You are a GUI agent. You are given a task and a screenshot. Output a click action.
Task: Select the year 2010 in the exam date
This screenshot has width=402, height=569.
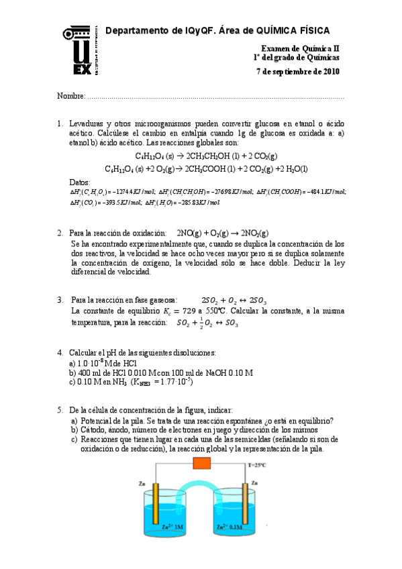pos(330,72)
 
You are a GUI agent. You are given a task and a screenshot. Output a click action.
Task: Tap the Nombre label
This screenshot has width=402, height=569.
pos(70,97)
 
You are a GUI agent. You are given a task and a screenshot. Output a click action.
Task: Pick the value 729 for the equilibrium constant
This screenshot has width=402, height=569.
pos(181,312)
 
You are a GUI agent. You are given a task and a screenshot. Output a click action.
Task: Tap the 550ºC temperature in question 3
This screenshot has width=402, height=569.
pos(209,312)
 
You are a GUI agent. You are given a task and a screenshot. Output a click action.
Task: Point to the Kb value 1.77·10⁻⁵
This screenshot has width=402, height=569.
pos(173,382)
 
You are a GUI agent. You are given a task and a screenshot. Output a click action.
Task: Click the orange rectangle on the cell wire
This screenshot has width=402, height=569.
pos(202,463)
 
